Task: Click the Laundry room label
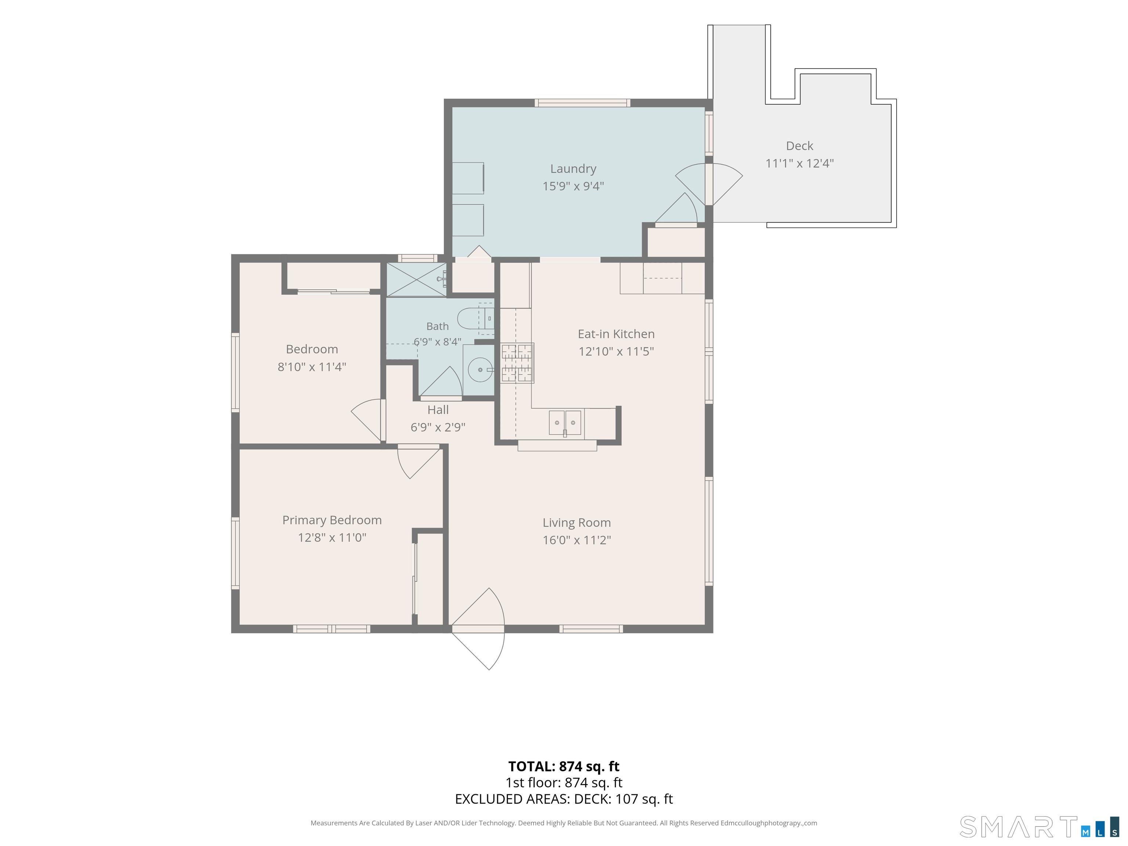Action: tap(573, 169)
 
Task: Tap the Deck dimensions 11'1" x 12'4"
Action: tap(800, 163)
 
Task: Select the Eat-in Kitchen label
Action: tap(616, 334)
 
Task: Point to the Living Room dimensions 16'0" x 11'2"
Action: tap(577, 540)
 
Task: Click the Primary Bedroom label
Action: tap(332, 520)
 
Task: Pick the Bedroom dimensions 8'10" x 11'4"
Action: tap(312, 367)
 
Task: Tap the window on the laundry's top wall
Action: tap(582, 103)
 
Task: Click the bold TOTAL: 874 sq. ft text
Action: tap(564, 766)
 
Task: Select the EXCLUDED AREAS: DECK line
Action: tap(564, 799)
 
